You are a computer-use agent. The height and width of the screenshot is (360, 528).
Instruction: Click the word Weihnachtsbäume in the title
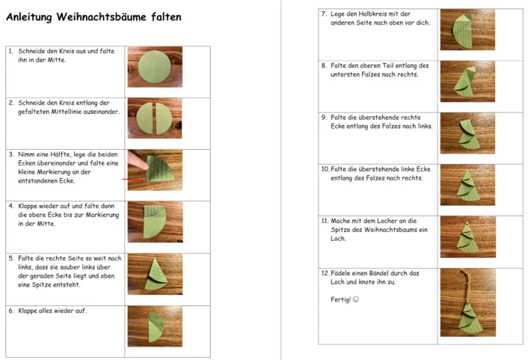pyautogui.click(x=101, y=16)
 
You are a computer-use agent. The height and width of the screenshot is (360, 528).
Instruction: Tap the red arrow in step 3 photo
pyautogui.click(x=133, y=180)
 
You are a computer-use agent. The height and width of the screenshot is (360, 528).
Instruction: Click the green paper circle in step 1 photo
pyautogui.click(x=155, y=67)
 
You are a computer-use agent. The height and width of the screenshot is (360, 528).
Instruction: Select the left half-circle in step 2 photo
pyautogui.click(x=144, y=118)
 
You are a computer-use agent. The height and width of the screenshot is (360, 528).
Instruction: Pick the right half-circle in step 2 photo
pyautogui.click(x=164, y=118)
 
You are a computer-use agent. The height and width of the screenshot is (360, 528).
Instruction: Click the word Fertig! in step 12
pyautogui.click(x=340, y=299)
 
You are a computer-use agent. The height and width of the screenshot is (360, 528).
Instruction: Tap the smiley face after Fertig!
pyautogui.click(x=355, y=299)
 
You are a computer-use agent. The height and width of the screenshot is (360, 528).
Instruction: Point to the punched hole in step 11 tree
pyautogui.click(x=468, y=224)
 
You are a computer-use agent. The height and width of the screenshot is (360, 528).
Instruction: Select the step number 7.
pyautogui.click(x=324, y=13)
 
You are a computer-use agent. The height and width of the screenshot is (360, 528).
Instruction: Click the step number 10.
pyautogui.click(x=325, y=169)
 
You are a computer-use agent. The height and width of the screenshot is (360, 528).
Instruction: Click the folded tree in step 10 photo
pyautogui.click(x=468, y=186)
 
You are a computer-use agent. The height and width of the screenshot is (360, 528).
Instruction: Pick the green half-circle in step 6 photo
pyautogui.click(x=156, y=326)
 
